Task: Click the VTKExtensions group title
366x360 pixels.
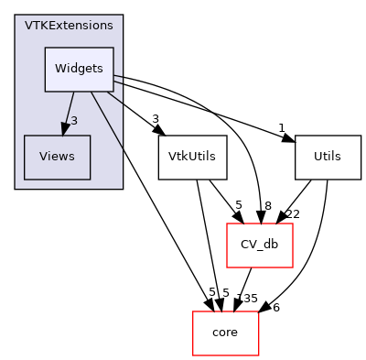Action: (x=69, y=26)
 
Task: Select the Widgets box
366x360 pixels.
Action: (x=80, y=70)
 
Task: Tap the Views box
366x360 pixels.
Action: (x=57, y=157)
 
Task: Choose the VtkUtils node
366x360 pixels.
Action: (x=192, y=157)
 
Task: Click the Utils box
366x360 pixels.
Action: (x=328, y=157)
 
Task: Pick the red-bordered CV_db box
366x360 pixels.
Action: (x=259, y=244)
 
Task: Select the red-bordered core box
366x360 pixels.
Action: (x=225, y=332)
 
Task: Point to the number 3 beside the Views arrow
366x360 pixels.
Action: (x=74, y=121)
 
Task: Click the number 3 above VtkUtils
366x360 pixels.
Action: (x=157, y=120)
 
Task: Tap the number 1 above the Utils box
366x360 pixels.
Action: (x=282, y=127)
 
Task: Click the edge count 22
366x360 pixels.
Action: (x=293, y=214)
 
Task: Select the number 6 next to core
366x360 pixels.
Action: (x=275, y=308)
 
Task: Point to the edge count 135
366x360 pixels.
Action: (x=247, y=299)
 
